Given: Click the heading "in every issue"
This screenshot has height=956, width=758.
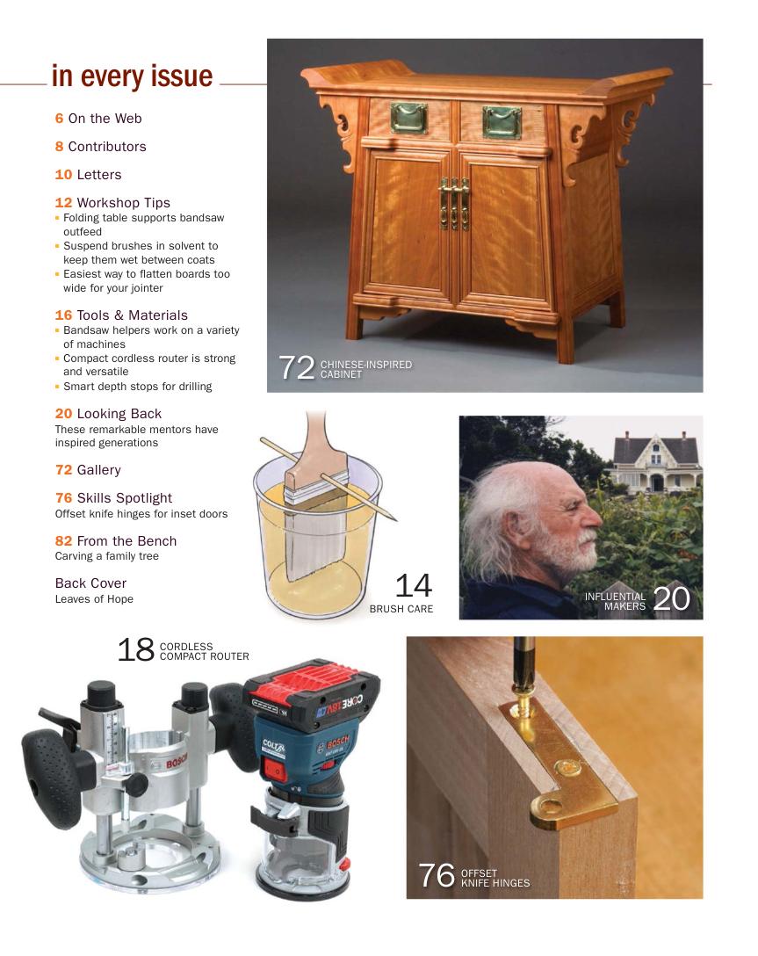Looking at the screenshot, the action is tap(133, 76).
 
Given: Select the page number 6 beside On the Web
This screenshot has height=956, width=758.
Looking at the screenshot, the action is tap(59, 119).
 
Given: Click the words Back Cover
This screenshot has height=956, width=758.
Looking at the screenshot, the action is tap(90, 583).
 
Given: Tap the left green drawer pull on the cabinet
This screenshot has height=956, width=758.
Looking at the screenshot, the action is tap(408, 119).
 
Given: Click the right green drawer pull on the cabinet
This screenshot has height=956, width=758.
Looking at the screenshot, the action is tap(502, 122).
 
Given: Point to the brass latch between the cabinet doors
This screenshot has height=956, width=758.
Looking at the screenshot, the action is tap(454, 203).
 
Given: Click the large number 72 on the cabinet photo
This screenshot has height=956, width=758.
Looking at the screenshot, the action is tap(296, 367).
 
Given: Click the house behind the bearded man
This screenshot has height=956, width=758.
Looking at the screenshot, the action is tap(656, 461).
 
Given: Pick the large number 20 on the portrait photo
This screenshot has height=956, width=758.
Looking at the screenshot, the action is tap(671, 598).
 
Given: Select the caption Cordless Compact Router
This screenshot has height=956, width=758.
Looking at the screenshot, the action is tap(204, 651).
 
